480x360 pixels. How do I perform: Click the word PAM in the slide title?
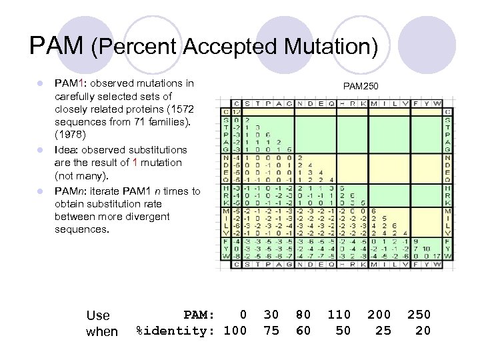(x=57, y=46)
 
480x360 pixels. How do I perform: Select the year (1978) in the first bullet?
(x=69, y=134)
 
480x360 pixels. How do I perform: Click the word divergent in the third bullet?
(x=146, y=217)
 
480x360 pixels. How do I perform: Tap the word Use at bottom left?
(x=99, y=315)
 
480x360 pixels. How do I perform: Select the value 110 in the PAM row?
(x=339, y=314)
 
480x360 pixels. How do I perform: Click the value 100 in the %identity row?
(x=235, y=330)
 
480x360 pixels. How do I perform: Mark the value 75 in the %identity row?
(x=271, y=330)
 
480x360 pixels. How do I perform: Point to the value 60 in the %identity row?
(x=303, y=330)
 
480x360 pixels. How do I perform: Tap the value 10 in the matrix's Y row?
(x=420, y=247)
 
